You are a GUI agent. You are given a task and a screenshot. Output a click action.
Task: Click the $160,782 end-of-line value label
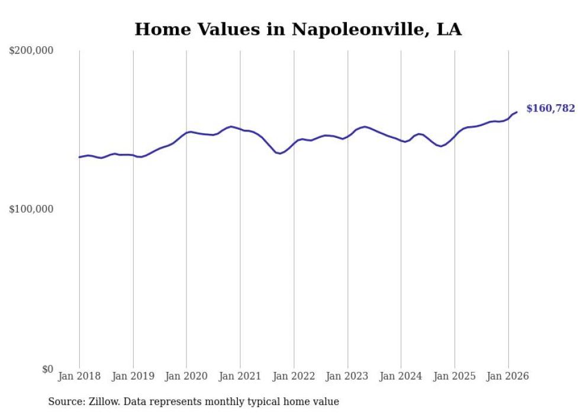[550, 108]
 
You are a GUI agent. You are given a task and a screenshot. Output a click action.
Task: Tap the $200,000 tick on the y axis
[31, 51]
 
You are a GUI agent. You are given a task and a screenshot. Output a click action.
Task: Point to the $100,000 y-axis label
[31, 210]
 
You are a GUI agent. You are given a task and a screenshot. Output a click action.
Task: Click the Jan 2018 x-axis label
[79, 376]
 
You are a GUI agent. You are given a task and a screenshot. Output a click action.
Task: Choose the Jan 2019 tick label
[133, 376]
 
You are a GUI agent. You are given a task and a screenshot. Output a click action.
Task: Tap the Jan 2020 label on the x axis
[186, 376]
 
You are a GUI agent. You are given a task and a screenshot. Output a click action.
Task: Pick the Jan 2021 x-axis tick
[240, 376]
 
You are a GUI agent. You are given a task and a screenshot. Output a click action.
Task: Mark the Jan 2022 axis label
[294, 376]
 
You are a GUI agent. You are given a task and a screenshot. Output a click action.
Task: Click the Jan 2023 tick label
[347, 376]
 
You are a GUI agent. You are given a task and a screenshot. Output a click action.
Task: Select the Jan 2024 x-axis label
[401, 376]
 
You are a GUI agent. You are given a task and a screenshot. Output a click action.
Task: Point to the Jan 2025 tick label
[455, 376]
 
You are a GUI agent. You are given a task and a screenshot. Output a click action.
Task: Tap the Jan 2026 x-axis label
[508, 376]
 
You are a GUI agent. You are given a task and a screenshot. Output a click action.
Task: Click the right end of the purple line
[517, 112]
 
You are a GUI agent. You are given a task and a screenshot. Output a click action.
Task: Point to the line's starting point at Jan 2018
[79, 157]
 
